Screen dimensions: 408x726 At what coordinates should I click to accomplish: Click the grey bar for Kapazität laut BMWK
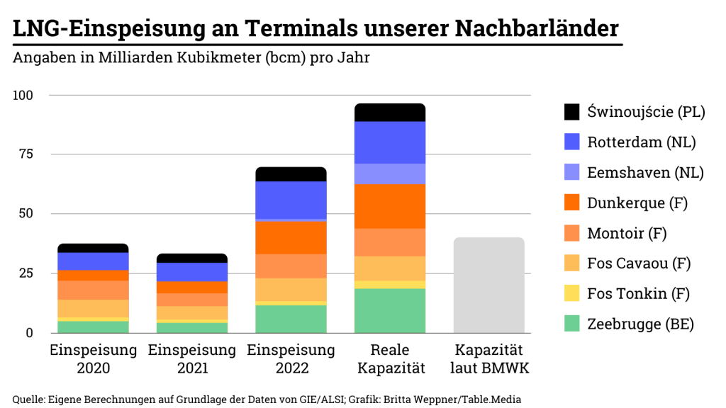tap(488, 285)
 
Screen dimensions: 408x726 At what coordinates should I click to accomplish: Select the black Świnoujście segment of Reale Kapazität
tap(389, 113)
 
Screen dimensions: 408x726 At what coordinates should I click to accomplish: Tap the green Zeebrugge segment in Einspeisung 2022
tap(291, 319)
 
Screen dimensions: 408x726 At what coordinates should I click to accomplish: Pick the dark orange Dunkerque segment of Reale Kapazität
tap(389, 206)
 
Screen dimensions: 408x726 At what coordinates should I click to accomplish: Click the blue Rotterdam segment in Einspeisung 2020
tap(93, 261)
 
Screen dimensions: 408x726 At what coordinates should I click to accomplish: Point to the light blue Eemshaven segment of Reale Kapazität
tap(389, 174)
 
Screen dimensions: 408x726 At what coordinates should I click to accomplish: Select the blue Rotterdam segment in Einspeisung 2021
tap(191, 272)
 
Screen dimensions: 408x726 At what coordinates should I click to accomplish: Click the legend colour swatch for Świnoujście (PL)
tap(571, 112)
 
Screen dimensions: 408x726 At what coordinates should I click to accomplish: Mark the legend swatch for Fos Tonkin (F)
tap(571, 293)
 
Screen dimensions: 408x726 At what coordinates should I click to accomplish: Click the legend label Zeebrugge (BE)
tap(640, 324)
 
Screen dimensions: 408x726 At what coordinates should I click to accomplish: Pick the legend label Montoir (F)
tap(627, 233)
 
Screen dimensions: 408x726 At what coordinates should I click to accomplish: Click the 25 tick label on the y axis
tap(26, 273)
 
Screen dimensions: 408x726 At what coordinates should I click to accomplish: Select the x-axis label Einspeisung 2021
tap(191, 359)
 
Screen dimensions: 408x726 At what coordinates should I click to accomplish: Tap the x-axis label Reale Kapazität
tap(389, 359)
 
